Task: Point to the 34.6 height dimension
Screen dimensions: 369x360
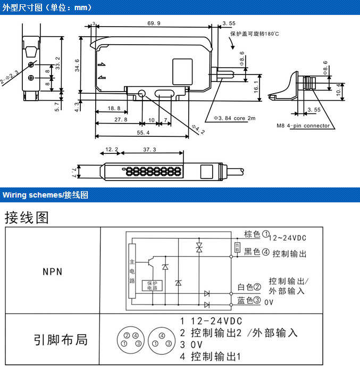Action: coord(78,64)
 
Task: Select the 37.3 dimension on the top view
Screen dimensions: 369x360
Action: coord(150,150)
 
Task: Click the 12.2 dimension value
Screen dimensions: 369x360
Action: coord(112,150)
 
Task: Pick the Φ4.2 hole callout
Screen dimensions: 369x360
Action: coord(198,129)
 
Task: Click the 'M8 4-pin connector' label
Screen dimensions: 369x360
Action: coord(303,126)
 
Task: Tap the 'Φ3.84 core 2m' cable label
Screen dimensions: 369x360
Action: coord(235,118)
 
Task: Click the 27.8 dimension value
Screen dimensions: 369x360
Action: coord(121,119)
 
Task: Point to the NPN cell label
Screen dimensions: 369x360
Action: coord(53,272)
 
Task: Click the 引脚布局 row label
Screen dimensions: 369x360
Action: coord(60,339)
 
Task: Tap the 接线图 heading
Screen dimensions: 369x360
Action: coord(27,217)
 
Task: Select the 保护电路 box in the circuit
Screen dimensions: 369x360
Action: coord(152,285)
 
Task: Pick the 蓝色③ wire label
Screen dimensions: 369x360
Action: coord(249,300)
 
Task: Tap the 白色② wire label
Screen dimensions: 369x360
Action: coord(249,287)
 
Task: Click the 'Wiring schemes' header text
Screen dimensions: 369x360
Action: coord(32,195)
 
